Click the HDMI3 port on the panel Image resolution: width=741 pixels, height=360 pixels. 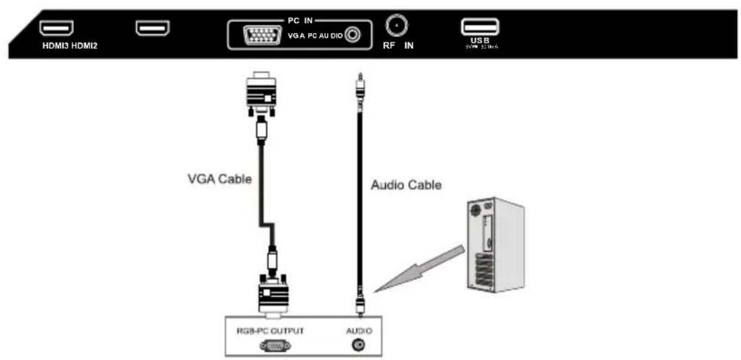tap(57, 28)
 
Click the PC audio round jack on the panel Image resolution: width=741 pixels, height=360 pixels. tap(352, 35)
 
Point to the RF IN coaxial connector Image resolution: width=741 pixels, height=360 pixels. tap(395, 26)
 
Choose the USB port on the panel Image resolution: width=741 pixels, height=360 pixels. tap(480, 27)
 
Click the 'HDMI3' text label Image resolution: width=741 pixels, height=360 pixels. tap(53, 47)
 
